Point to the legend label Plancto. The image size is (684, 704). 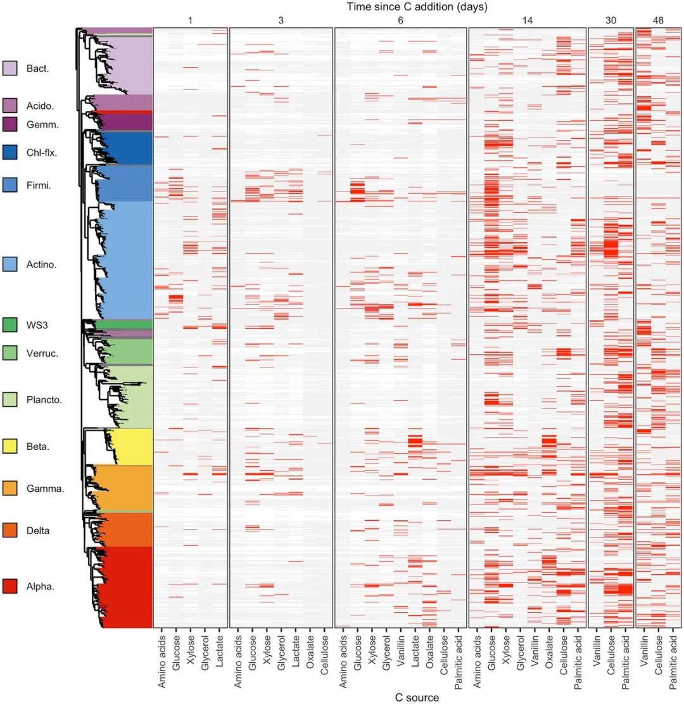pos(44,400)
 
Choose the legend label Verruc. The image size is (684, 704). pos(42,353)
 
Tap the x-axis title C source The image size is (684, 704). pos(417,697)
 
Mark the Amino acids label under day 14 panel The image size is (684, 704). pos(478,658)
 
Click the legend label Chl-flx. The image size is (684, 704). pos(42,152)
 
